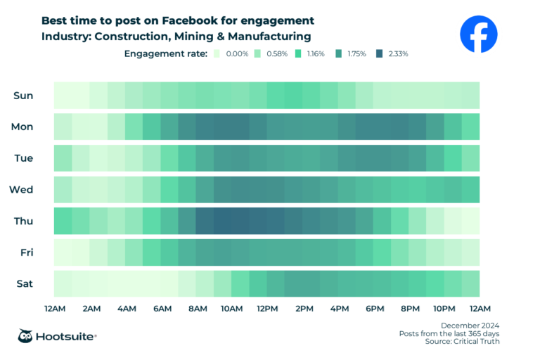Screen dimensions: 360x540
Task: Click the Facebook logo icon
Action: [479, 34]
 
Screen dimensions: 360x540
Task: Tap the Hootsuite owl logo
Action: [27, 336]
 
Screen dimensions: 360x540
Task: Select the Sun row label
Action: [23, 96]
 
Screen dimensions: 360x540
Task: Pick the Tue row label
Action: [22, 158]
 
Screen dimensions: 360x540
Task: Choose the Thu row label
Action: [22, 221]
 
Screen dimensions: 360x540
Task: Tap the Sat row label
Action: [23, 283]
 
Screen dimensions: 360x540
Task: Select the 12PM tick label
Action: [267, 309]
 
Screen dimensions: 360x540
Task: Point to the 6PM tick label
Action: [374, 309]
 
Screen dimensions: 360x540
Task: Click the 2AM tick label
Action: [90, 309]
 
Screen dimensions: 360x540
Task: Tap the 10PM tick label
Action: [444, 309]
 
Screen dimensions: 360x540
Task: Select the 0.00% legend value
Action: [235, 54]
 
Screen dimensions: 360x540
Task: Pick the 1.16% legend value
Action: [315, 54]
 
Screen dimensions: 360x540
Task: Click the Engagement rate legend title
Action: [165, 53]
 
